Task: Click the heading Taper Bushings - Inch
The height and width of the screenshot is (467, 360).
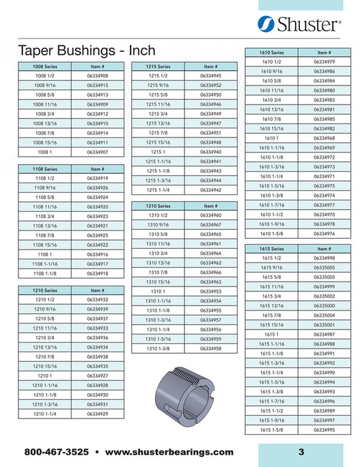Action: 85,51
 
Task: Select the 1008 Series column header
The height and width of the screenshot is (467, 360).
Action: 46,66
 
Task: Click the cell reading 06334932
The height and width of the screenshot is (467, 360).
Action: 98,299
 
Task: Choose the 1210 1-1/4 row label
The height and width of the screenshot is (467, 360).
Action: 46,414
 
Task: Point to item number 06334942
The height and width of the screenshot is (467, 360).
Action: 212,189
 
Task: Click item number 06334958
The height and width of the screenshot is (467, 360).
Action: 212,349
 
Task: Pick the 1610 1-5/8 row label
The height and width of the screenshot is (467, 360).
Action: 272,233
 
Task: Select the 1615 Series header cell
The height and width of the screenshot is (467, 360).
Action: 272,249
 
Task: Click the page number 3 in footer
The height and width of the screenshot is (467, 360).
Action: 301,452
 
